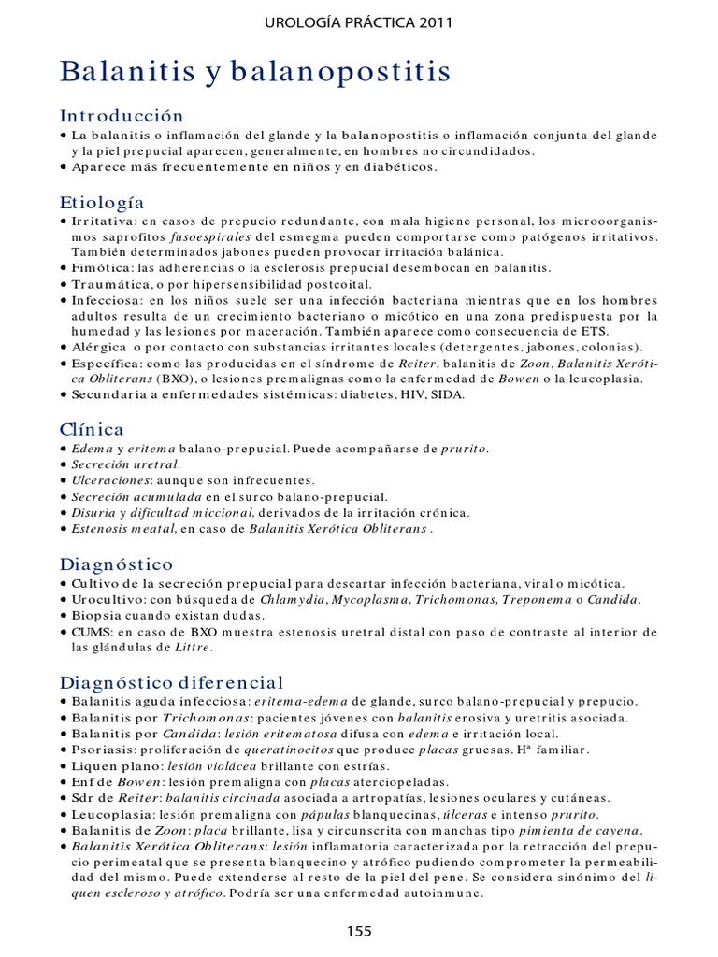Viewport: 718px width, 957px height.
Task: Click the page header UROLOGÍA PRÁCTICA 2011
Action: pos(359,22)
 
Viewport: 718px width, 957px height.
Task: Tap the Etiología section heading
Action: pos(102,202)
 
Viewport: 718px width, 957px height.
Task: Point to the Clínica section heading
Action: pos(92,429)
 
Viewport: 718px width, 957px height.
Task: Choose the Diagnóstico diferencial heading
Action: pos(171,681)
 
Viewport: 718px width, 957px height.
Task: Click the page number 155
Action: pos(359,930)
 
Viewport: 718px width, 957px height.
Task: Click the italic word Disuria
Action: pos(93,513)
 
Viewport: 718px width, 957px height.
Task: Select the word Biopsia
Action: pos(97,615)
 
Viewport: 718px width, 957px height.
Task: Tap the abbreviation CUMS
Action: pos(95,632)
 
